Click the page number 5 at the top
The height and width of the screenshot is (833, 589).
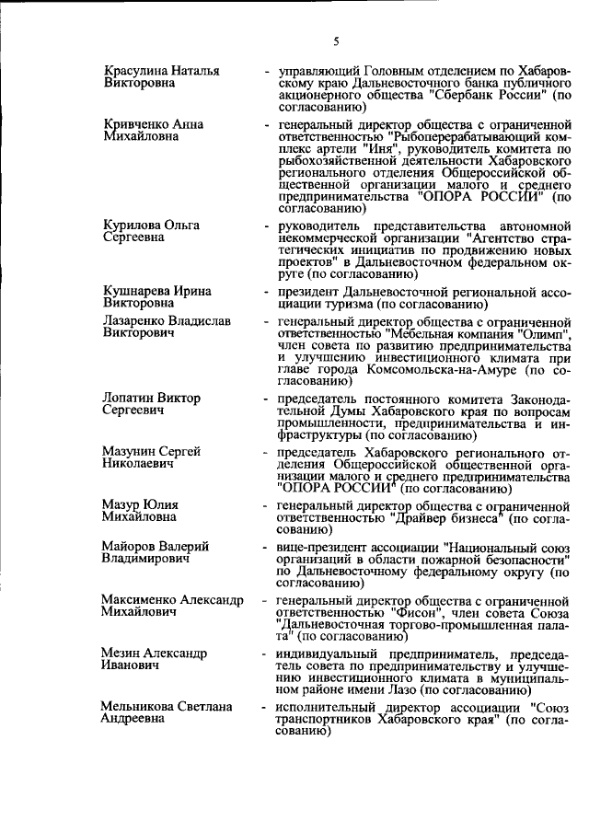pos(336,40)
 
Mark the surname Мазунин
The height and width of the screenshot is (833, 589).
pos(131,450)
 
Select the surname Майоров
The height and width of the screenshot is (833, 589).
pos(130,547)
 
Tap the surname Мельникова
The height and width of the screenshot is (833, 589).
pos(140,706)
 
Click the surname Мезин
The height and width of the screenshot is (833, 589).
pos(123,653)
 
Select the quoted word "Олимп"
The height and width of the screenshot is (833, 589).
pos(547,334)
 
